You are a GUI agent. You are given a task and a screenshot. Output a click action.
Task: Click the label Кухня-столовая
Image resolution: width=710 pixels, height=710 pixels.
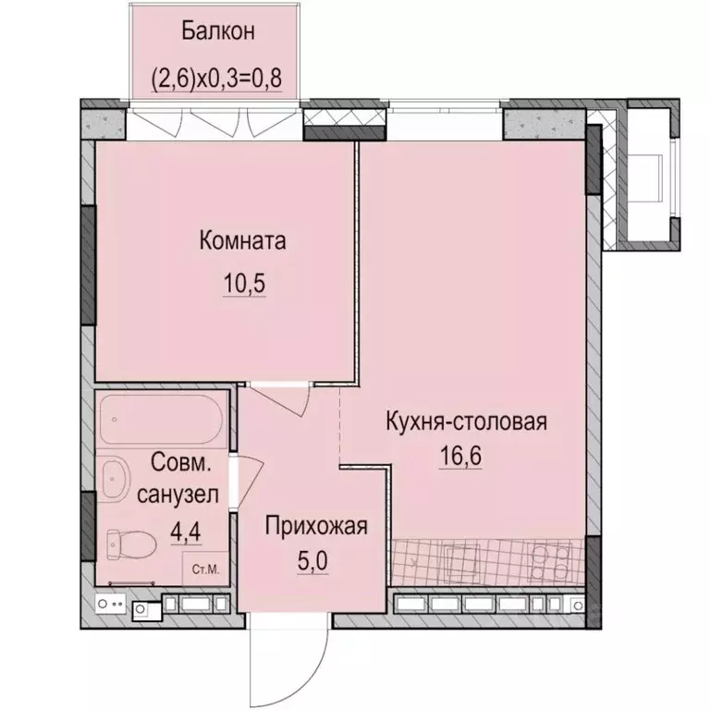pos(466,422)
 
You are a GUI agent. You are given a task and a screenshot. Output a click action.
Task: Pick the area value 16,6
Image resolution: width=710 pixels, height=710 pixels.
pos(466,457)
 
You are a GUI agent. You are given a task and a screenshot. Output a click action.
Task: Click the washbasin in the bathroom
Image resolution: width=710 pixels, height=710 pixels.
pos(115,478)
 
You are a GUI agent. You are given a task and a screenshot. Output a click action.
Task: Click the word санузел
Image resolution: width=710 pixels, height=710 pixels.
pos(177,495)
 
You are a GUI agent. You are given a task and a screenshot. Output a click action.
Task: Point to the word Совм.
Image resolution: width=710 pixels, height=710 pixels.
pos(177,460)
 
